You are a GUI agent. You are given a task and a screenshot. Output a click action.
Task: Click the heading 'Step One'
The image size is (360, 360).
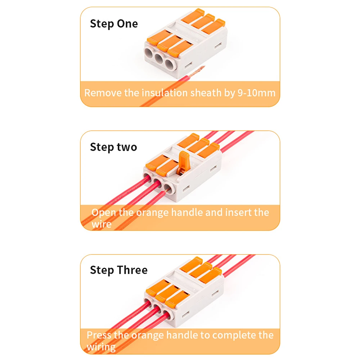(114, 24)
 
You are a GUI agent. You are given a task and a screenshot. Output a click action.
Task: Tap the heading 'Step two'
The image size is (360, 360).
(113, 147)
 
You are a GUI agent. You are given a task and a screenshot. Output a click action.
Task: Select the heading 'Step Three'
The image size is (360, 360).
(119, 270)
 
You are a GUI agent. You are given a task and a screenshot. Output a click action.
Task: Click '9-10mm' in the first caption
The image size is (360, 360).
(256, 93)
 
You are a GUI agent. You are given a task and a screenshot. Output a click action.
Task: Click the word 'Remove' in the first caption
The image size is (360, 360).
(103, 93)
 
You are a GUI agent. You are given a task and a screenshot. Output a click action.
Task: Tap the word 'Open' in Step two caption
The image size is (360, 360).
(104, 213)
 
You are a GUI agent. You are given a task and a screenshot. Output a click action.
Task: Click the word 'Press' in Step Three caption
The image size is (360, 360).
(99, 335)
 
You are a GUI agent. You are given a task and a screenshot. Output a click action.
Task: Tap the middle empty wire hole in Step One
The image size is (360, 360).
(159, 58)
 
